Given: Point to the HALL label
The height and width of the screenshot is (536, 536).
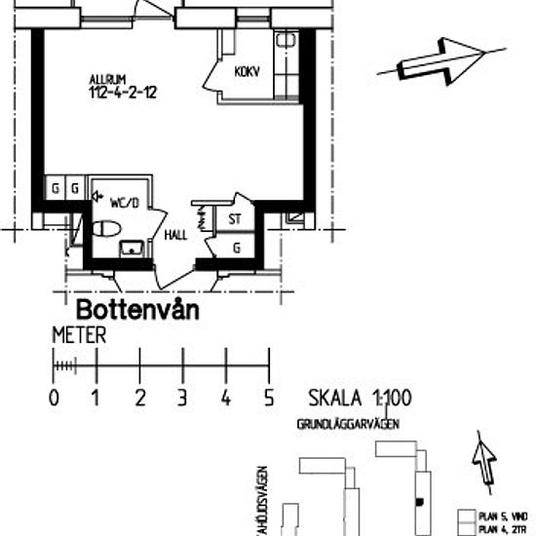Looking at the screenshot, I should tap(175, 235).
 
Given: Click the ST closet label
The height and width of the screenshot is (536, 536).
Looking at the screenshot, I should tap(235, 220).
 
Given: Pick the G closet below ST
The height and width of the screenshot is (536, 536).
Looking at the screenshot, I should tap(237, 248).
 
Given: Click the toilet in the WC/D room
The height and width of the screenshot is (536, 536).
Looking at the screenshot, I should tap(105, 229).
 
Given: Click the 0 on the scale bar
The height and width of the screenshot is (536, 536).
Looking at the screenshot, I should tap(53, 398).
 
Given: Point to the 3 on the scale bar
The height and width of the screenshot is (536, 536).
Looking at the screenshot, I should tap(182, 398).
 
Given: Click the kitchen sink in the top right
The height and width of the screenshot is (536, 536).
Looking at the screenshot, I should tap(287, 41).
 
